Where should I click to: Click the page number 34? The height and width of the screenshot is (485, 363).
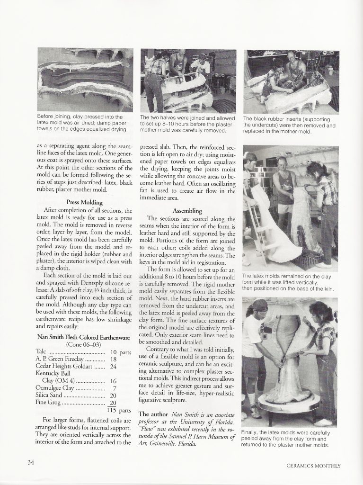coord(31,462)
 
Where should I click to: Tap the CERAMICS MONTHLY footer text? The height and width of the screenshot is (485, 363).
coord(313,466)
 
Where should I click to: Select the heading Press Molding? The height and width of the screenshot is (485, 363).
coord(84,202)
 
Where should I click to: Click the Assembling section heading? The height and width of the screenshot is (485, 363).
coord(187,211)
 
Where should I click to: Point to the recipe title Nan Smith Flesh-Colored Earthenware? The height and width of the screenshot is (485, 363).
coord(83,337)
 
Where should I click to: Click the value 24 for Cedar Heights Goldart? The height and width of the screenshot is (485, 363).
coord(113,366)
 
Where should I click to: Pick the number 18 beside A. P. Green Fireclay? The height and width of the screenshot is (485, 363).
coord(113,359)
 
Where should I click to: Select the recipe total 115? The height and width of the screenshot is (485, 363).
coord(111,410)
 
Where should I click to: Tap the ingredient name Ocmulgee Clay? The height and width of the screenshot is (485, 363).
coord(55,388)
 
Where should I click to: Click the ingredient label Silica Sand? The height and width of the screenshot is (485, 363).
coord(49,395)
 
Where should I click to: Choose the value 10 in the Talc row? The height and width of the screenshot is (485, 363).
coord(113,352)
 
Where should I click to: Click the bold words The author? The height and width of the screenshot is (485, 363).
coord(153,414)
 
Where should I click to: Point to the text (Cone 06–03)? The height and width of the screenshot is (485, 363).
coord(83,345)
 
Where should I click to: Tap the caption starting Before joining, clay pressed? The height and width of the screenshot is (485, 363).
coord(82,123)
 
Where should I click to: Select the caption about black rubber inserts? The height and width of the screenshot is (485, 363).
coord(289,125)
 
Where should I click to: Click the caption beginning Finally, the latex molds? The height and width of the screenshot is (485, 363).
coord(285,439)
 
